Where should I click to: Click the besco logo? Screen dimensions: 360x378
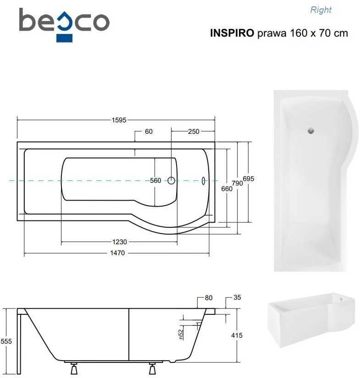pos(64,25)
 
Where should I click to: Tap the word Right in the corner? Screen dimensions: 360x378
pos(321,10)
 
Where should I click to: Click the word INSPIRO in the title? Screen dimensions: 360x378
pos(232,33)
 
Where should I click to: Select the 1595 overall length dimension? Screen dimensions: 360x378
pos(119,120)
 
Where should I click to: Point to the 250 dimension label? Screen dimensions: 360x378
pos(194,131)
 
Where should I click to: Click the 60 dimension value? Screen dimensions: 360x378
pos(149,131)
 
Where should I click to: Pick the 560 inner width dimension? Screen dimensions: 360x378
pos(155,181)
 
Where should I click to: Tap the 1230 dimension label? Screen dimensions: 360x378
pos(119,242)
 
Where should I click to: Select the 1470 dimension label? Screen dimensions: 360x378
pos(117,253)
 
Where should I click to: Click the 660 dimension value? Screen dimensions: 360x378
pos(227,189)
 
